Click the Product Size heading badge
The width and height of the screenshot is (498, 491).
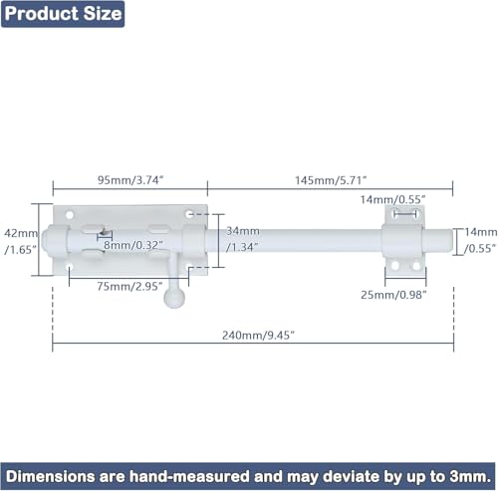[x=63, y=14]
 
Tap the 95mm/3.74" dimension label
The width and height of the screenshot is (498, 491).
[x=130, y=180]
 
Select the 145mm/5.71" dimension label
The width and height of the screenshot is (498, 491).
[x=331, y=180]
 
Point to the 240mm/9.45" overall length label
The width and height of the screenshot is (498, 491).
[x=258, y=336]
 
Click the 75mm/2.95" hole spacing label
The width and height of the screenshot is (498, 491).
[x=129, y=286]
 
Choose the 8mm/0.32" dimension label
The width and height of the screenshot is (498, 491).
[x=133, y=245]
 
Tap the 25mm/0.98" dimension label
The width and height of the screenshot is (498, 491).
[x=393, y=295]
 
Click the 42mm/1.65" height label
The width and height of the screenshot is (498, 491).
[x=21, y=241]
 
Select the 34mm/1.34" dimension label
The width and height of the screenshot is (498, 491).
[x=243, y=239]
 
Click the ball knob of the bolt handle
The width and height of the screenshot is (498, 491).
[x=174, y=297]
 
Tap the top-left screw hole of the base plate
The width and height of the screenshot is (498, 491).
[x=70, y=215]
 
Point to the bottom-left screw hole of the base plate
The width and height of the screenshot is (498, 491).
[x=70, y=267]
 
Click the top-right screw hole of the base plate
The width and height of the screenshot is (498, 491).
[x=189, y=214]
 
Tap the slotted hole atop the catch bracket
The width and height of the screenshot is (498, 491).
[x=404, y=213]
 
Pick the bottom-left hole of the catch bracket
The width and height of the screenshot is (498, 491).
[x=395, y=266]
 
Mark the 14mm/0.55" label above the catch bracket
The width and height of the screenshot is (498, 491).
[x=392, y=199]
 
